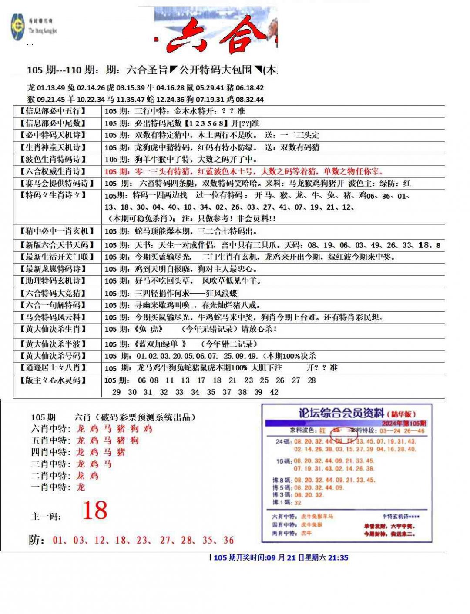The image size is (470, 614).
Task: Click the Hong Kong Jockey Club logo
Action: (18, 27)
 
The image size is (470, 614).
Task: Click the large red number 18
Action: (94, 511)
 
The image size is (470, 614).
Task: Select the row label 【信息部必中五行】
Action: (52, 111)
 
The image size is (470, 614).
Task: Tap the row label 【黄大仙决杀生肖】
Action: (52, 329)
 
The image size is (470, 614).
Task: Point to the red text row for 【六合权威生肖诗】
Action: (244, 172)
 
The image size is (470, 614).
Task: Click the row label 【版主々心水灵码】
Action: (52, 380)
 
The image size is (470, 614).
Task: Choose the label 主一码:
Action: (46, 517)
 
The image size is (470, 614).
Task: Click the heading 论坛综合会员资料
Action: (341, 413)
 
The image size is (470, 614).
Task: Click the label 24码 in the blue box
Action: (283, 441)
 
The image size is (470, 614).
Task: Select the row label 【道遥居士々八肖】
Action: (52, 368)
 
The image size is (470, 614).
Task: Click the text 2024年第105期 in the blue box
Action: (404, 424)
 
